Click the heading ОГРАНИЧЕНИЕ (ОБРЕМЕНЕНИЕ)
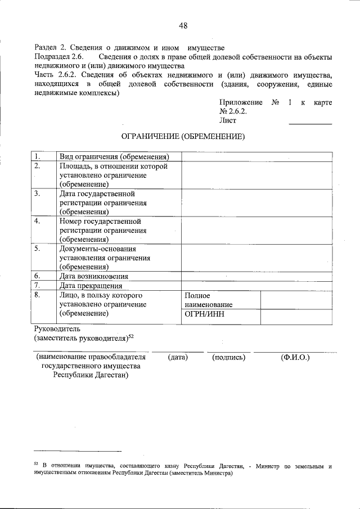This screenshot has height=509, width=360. coord(183,136)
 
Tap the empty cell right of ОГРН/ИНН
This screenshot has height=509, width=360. coord(296,317)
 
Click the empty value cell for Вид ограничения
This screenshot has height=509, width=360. coord(256,156)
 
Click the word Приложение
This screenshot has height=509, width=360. coord(241,102)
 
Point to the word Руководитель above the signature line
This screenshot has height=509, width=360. coord(58,328)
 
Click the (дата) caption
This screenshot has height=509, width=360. coord(177,357)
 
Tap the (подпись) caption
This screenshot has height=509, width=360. coord(229,357)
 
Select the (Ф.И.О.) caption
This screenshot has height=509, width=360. coord(295,357)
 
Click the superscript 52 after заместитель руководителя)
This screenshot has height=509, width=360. coord(130,336)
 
